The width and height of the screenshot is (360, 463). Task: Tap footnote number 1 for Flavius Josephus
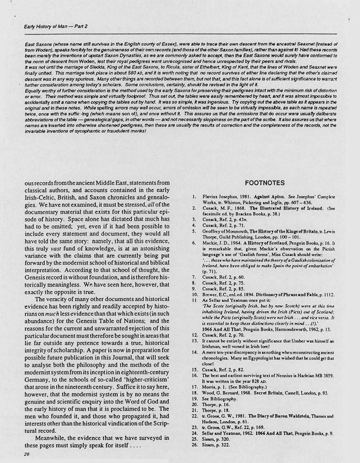pyautogui.click(x=193, y=197)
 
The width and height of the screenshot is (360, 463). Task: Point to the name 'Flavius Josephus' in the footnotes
pyautogui.click(x=219, y=197)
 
